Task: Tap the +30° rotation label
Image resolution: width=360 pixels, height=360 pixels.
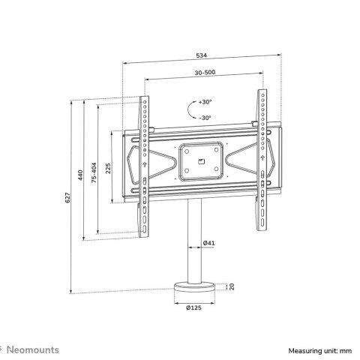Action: tap(205, 101)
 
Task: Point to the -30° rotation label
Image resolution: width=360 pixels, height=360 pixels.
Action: tap(205, 117)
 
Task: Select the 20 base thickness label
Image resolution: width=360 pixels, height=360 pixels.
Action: tap(232, 286)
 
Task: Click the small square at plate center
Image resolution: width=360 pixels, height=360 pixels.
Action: tap(200, 160)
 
